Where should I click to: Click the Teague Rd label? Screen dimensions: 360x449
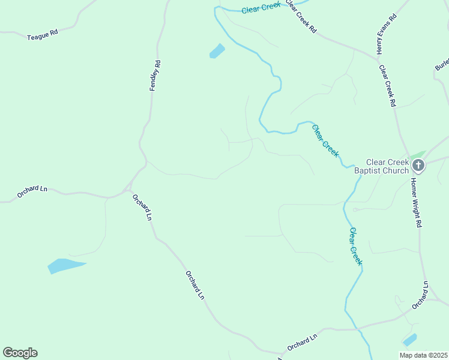[42, 36]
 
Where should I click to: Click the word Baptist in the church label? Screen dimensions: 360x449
[368, 170]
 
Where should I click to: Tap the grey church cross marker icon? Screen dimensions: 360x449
[418, 166]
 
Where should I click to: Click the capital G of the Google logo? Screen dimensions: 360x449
[8, 353]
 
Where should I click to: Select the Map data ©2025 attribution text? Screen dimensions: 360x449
[424, 355]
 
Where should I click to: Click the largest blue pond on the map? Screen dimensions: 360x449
[64, 265]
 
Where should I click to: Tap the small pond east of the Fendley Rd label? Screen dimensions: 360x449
[217, 51]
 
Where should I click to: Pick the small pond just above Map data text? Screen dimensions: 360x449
[410, 340]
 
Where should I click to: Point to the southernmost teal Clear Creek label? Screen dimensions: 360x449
[356, 246]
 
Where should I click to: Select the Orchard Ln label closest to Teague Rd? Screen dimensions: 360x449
[32, 192]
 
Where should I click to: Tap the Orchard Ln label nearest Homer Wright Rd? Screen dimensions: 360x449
[420, 295]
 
